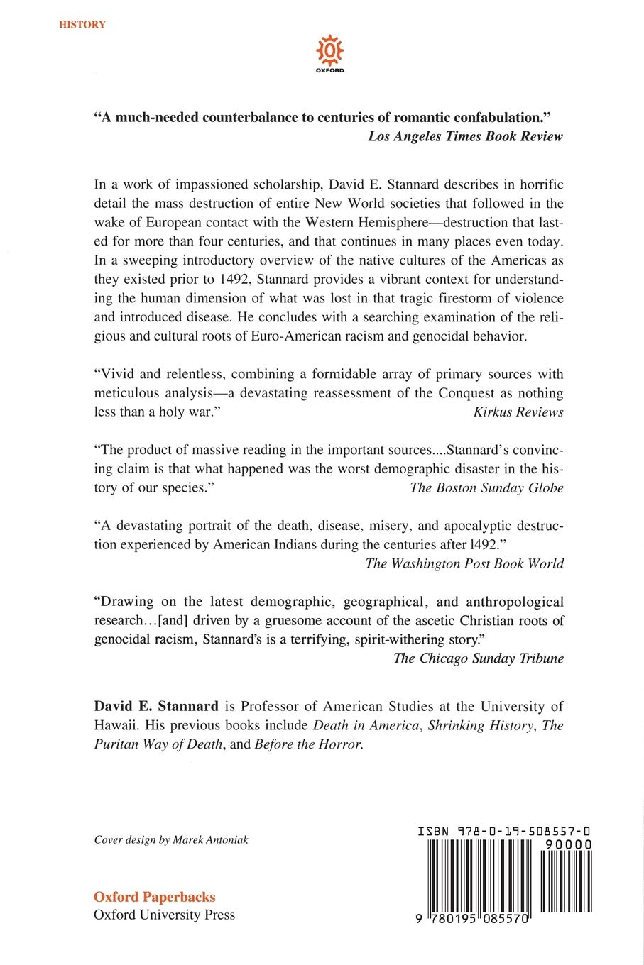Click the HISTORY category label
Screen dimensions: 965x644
(x=82, y=25)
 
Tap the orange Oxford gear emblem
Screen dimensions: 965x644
(x=329, y=51)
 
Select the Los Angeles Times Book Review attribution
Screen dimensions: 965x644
(x=465, y=136)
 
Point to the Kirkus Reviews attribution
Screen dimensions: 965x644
(x=518, y=412)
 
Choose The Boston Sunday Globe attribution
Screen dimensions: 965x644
(x=486, y=487)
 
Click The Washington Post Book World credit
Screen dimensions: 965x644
(x=464, y=563)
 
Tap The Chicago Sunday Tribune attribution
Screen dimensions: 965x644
(x=479, y=658)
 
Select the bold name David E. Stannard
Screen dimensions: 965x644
(x=156, y=706)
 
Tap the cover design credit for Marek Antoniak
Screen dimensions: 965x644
(x=171, y=839)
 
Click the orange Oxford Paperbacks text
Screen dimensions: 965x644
(x=155, y=896)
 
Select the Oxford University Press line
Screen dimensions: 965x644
(x=164, y=915)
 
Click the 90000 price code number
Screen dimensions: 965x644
(x=569, y=844)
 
